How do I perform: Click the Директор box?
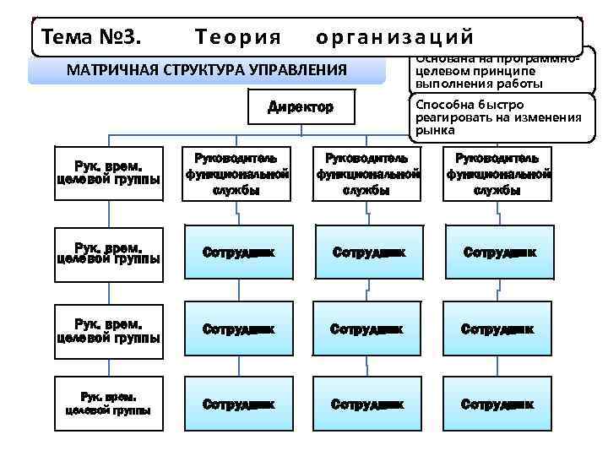(x=301, y=107)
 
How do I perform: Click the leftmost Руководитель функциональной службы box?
(x=238, y=174)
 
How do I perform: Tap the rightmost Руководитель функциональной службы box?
(x=497, y=174)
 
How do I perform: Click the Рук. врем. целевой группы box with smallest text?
(x=108, y=404)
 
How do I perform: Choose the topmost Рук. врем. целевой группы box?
(x=108, y=173)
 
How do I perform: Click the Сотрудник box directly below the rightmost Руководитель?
(x=497, y=252)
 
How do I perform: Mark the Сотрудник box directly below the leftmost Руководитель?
(x=238, y=252)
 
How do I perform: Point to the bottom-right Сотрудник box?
(x=497, y=404)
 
